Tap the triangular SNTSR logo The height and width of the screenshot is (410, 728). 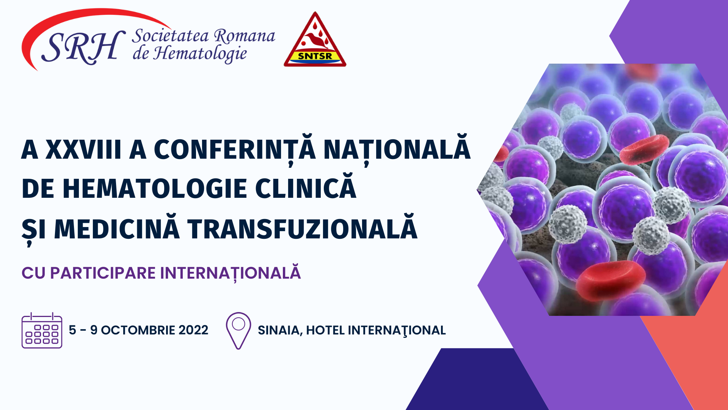tap(315, 40)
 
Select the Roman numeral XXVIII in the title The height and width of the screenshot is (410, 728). tap(83, 149)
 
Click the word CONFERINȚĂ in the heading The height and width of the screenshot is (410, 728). tap(235, 149)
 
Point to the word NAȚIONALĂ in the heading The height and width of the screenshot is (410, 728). tap(397, 149)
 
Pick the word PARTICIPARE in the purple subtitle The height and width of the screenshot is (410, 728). tap(103, 273)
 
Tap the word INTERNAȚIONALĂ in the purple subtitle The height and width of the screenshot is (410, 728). tap(231, 272)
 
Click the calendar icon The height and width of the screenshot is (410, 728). tap(42, 330)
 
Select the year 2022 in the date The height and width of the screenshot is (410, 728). tap(193, 330)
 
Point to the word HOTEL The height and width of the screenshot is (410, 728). tap(325, 330)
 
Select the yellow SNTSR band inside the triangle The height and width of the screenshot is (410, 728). tap(315, 56)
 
